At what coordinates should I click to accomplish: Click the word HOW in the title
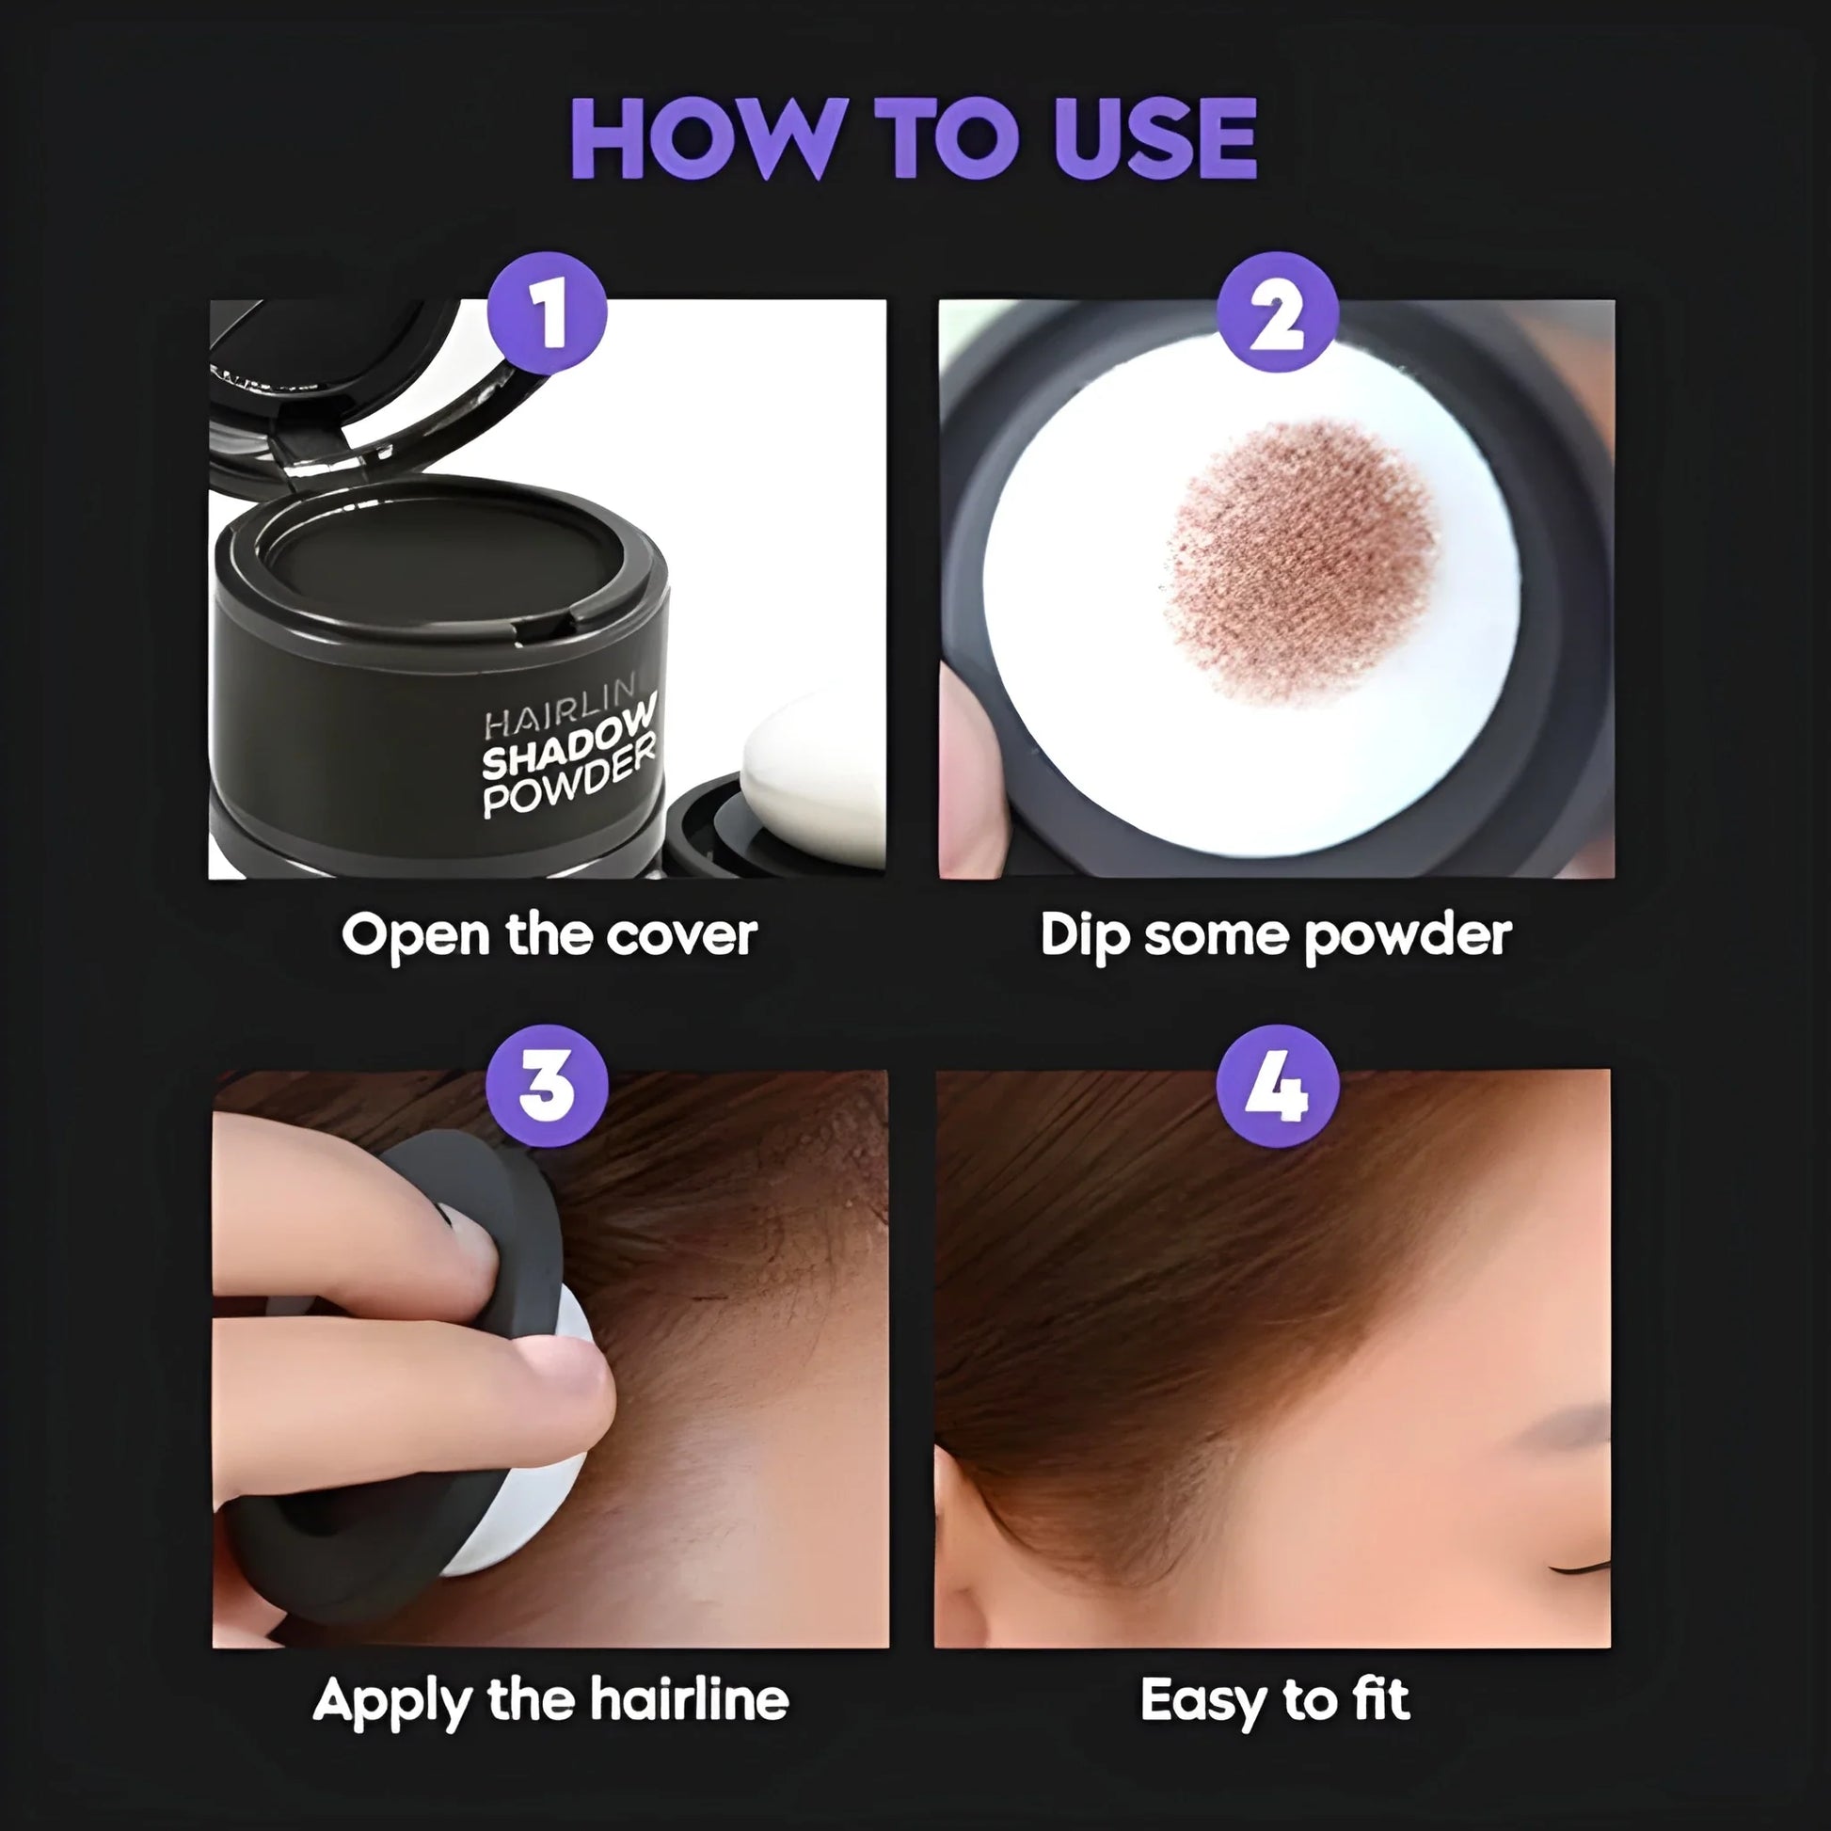706,138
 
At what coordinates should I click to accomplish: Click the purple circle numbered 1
547,313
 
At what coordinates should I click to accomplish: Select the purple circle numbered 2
1277,313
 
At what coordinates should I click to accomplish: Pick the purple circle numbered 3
547,1085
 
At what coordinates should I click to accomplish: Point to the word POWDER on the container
568,780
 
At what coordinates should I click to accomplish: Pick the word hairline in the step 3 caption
689,1699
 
